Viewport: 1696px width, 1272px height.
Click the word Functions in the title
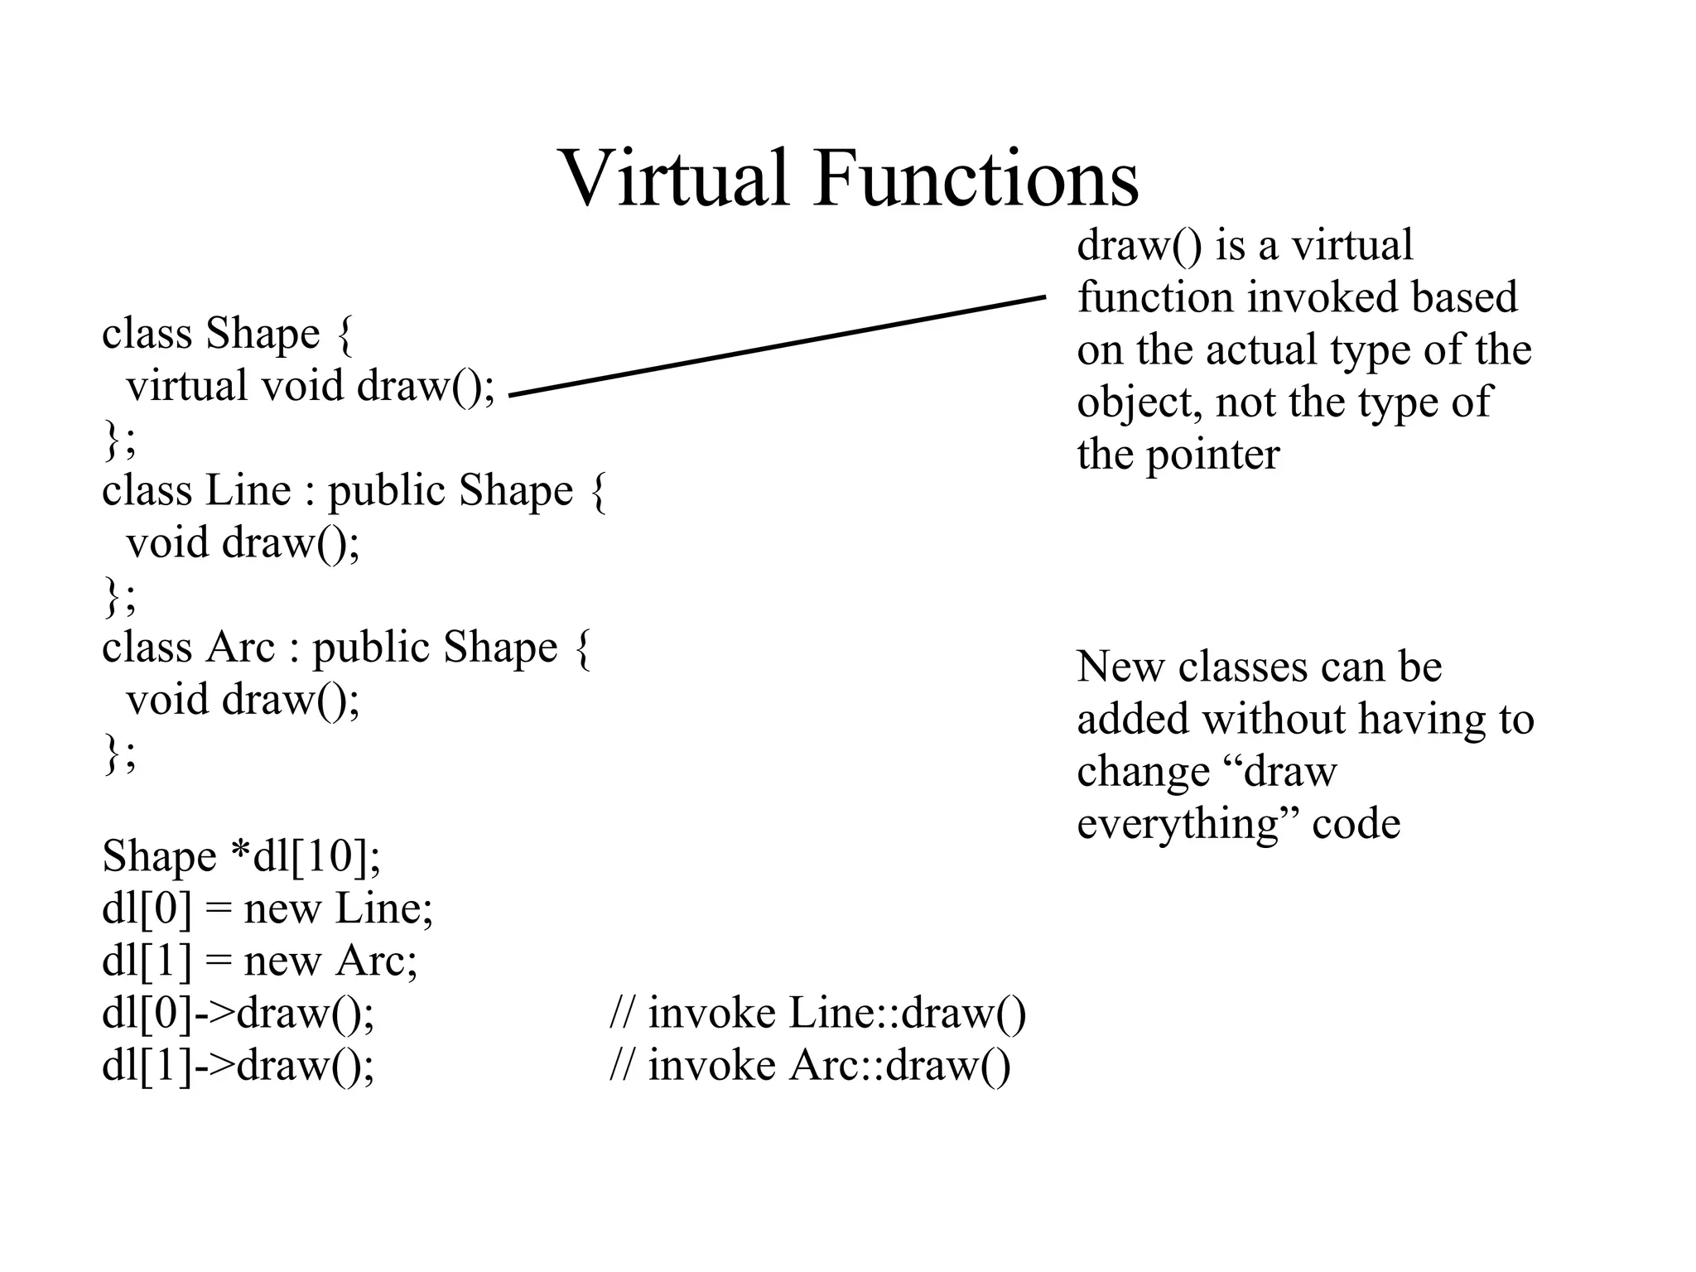(x=976, y=178)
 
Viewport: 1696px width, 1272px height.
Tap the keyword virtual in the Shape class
(x=186, y=386)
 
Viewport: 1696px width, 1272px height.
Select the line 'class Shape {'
(x=227, y=334)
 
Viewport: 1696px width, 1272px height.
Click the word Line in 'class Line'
(x=248, y=490)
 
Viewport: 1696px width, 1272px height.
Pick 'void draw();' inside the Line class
(x=243, y=543)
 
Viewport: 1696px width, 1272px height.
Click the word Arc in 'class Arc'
(x=239, y=648)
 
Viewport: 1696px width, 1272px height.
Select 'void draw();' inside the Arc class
(x=243, y=700)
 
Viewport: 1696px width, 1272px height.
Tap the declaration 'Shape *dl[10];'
(x=241, y=856)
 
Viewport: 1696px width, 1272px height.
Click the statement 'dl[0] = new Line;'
(x=267, y=908)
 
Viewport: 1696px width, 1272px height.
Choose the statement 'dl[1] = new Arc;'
(x=259, y=961)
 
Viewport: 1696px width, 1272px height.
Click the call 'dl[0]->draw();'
(x=238, y=1013)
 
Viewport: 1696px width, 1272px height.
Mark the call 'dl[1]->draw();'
(x=238, y=1065)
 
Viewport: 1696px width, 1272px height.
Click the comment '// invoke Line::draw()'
(x=817, y=1013)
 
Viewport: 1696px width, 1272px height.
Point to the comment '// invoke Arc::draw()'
(x=809, y=1065)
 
